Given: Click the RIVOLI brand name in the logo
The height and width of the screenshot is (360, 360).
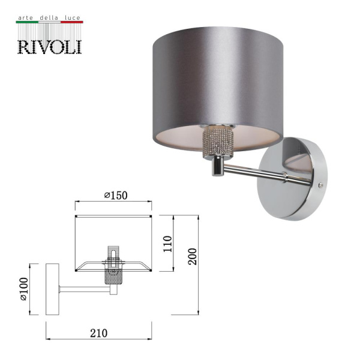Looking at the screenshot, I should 49,46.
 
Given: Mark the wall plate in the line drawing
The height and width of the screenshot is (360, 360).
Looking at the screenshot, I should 52,289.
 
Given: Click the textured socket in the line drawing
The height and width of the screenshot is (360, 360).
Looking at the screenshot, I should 112,277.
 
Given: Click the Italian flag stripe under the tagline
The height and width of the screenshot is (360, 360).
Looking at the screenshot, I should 49,23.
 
